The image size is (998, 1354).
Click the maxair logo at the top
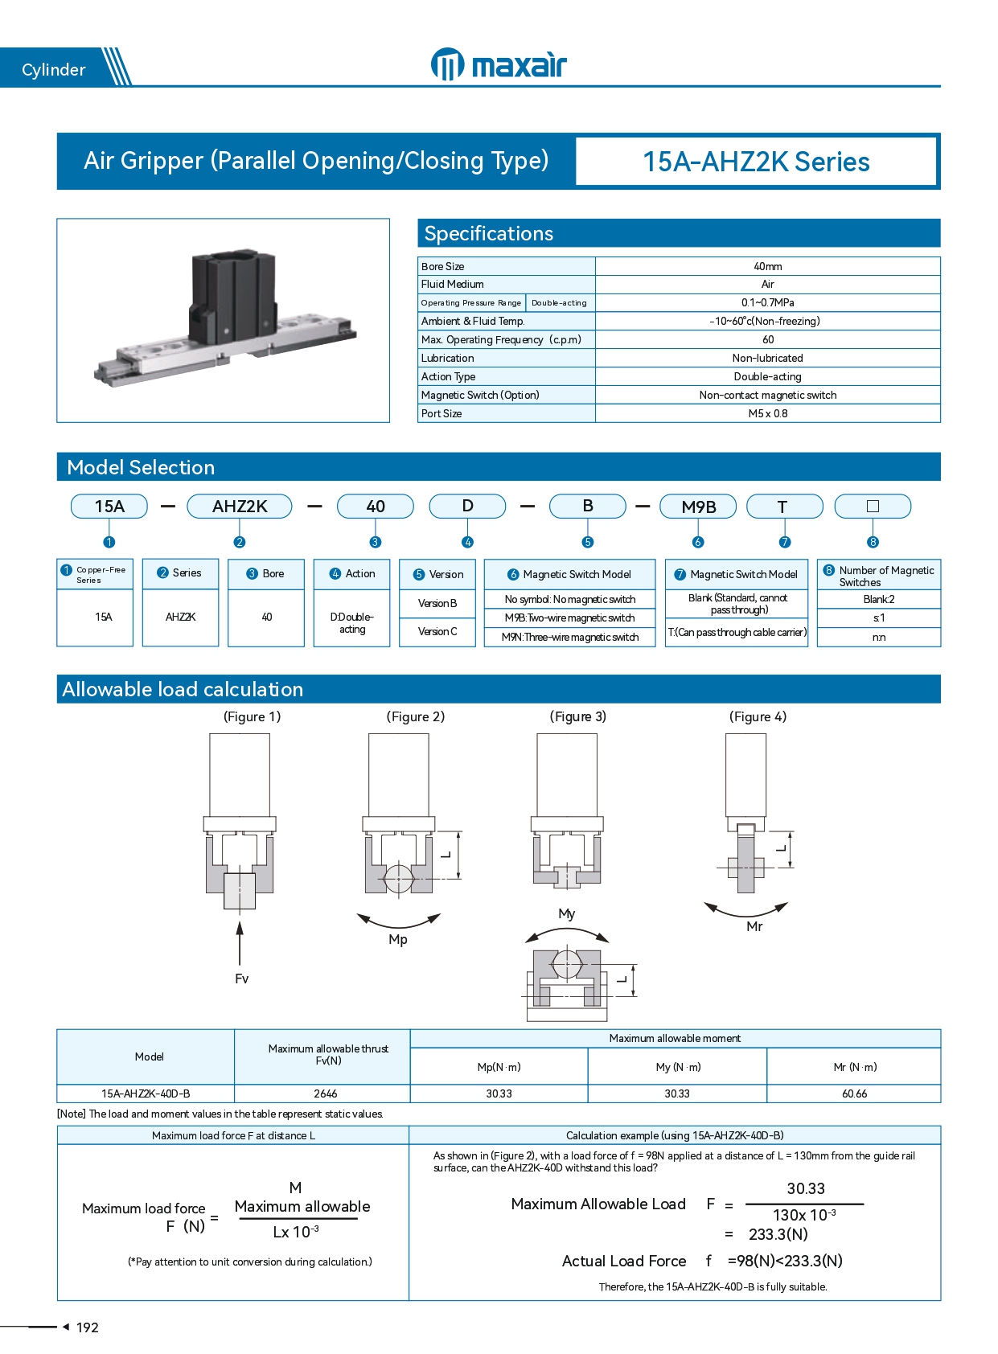(499, 64)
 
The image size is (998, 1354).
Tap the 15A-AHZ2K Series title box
(756, 162)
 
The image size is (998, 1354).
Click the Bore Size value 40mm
(767, 266)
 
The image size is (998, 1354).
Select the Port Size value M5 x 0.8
(767, 413)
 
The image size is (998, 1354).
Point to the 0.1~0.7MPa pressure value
(767, 302)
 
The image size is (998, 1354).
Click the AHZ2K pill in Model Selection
(240, 507)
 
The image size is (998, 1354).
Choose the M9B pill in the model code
(698, 507)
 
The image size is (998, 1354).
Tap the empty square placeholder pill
(873, 507)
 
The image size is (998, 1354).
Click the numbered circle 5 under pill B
(588, 542)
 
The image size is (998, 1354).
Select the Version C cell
(437, 632)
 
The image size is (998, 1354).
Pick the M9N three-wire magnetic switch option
(570, 637)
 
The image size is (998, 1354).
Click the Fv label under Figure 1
(241, 979)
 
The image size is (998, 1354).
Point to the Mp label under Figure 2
(398, 939)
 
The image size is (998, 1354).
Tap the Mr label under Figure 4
(754, 926)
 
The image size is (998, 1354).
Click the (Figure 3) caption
(578, 716)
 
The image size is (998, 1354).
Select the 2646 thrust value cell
(326, 1093)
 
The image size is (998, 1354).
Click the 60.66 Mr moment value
(854, 1093)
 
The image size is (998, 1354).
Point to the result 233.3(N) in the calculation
(778, 1234)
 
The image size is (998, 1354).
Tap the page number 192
(87, 1327)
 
